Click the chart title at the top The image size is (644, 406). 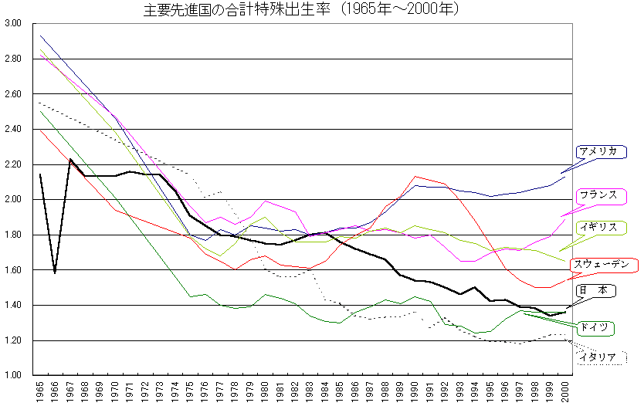pos(302,10)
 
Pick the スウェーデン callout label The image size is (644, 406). pos(607,265)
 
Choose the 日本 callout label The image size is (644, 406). pos(595,291)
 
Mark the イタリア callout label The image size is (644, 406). pos(598,357)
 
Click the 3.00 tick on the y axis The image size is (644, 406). pos(13,24)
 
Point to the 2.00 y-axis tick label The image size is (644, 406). pos(13,199)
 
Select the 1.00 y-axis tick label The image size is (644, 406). pos(13,375)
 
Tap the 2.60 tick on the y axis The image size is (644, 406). pos(13,94)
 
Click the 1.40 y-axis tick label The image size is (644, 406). pos(13,305)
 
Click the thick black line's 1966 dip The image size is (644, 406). pos(55,272)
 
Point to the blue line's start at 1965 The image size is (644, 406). pos(40,36)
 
